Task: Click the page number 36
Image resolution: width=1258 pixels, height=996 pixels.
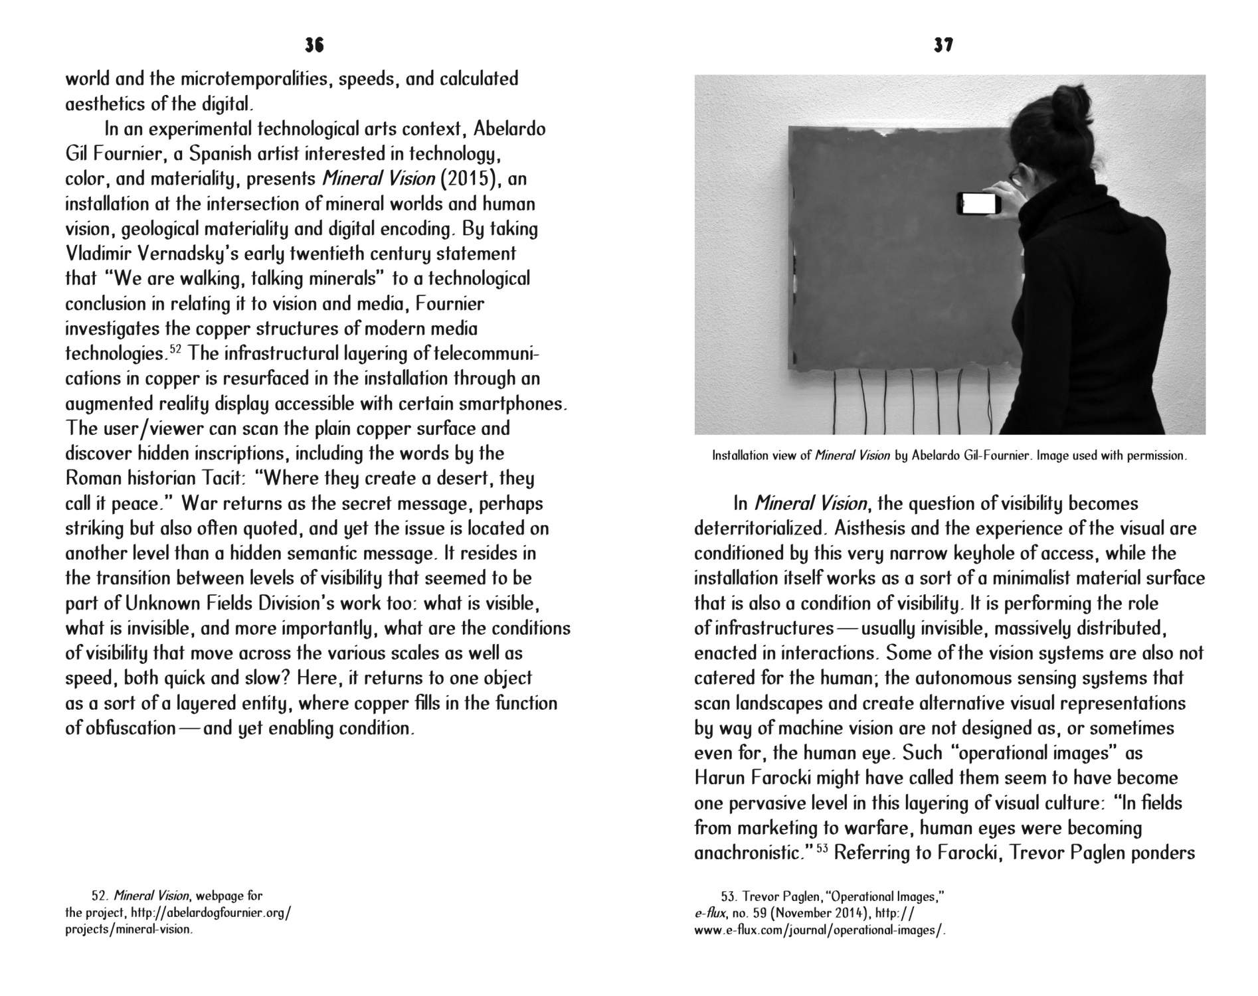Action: click(314, 45)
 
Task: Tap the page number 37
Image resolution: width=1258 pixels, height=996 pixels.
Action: click(943, 45)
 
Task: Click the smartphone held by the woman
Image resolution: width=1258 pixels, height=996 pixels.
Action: click(978, 203)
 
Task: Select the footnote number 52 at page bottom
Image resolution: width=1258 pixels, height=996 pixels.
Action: click(100, 896)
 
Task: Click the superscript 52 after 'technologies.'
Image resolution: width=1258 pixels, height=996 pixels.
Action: click(175, 349)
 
